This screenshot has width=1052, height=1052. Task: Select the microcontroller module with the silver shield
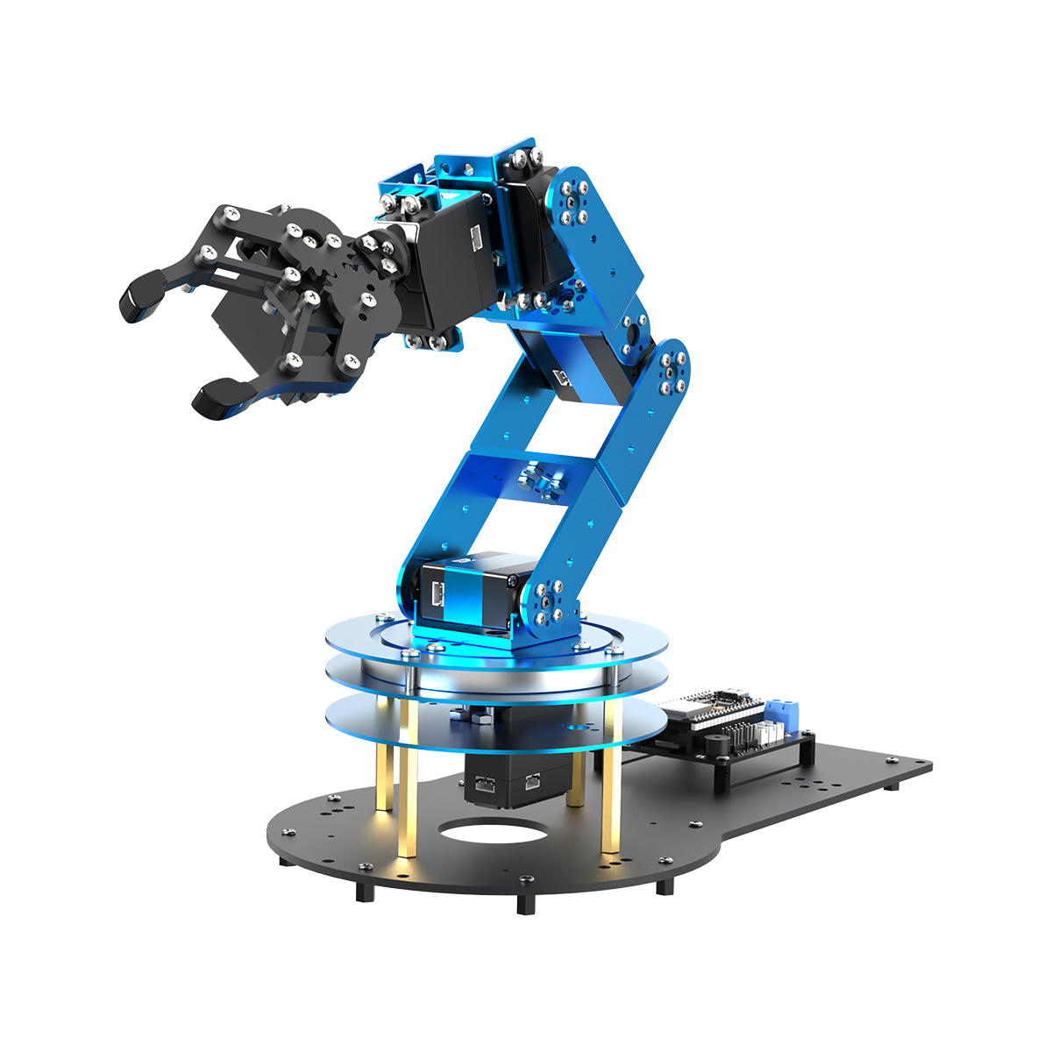point(701,711)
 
